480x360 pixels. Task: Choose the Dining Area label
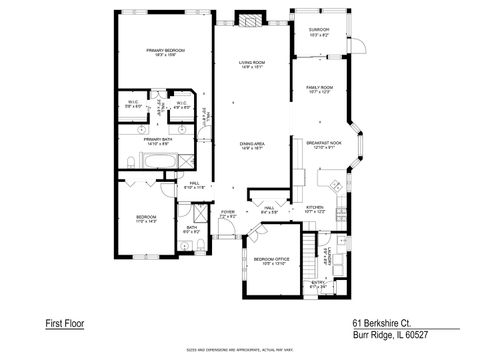coord(252,146)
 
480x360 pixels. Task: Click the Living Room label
coord(252,66)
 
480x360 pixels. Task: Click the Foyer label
coord(228,214)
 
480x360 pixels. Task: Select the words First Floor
coord(66,323)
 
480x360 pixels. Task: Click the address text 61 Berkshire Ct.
coord(385,323)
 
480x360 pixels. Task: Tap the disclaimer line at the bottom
coord(239,350)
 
